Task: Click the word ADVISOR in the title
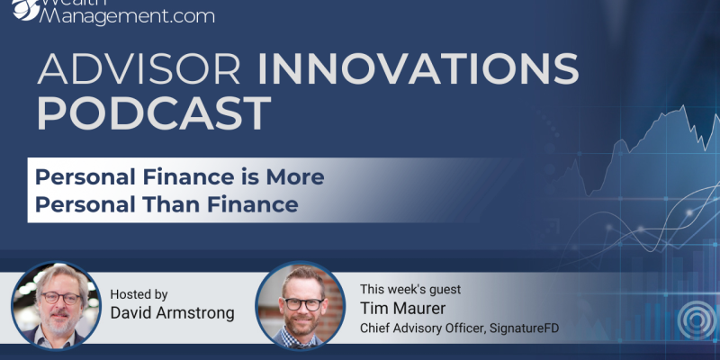tap(139, 69)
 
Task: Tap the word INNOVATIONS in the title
tap(418, 69)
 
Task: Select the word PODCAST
tap(154, 113)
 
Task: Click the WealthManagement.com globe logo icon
tap(27, 9)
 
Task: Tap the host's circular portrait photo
tap(56, 306)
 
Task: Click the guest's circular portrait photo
tap(301, 306)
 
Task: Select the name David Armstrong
tap(172, 313)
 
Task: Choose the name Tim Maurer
tap(402, 308)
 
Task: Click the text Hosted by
tap(139, 294)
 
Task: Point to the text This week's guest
tap(410, 289)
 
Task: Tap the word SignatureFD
tap(524, 328)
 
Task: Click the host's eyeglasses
tap(61, 298)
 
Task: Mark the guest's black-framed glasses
tap(303, 304)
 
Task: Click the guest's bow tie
tap(301, 343)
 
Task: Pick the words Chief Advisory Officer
tap(423, 328)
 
